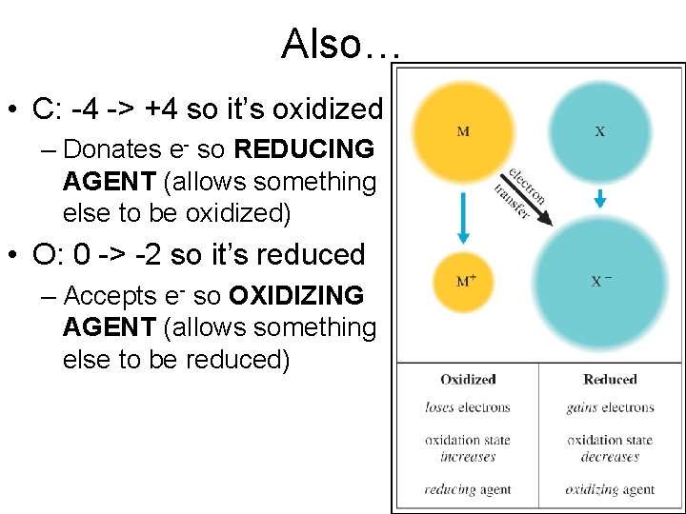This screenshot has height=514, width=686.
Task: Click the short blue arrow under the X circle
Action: (599, 198)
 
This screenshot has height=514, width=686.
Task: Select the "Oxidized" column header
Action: (468, 379)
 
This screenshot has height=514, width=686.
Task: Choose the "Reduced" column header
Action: (610, 379)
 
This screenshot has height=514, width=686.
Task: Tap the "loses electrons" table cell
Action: (468, 407)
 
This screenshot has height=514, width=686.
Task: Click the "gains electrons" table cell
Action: (610, 407)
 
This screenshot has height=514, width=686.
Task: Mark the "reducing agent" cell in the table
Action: (468, 489)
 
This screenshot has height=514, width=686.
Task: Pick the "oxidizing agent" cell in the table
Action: (610, 489)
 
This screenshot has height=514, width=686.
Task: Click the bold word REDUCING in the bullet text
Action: (304, 148)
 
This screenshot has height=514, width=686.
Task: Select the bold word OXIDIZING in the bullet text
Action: (296, 295)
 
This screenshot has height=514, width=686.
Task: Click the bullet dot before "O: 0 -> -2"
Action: (16, 255)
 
